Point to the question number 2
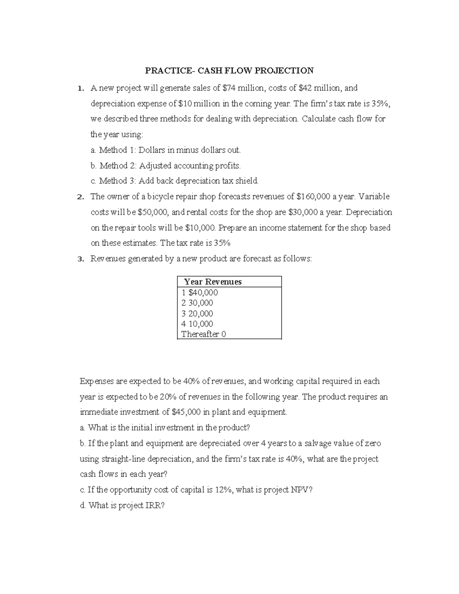tap(80, 197)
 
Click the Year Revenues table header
tap(213, 282)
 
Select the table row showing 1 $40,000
tap(200, 293)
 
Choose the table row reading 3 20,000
tap(197, 314)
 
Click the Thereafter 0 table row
tap(203, 334)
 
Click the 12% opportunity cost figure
tap(223, 490)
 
